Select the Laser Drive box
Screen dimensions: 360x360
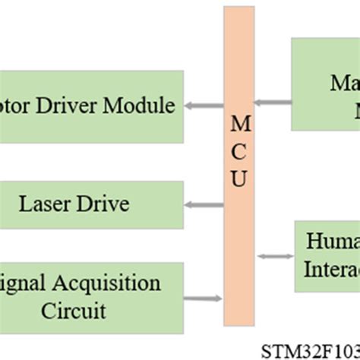(91, 204)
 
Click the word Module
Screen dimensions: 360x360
(140, 105)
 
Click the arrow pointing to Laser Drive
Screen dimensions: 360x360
(204, 204)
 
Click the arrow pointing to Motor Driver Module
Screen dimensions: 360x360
(204, 106)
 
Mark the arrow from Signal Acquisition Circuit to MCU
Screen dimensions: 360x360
(204, 298)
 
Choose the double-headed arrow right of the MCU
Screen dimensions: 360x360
(275, 257)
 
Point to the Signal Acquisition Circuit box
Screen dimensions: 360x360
(91, 297)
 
